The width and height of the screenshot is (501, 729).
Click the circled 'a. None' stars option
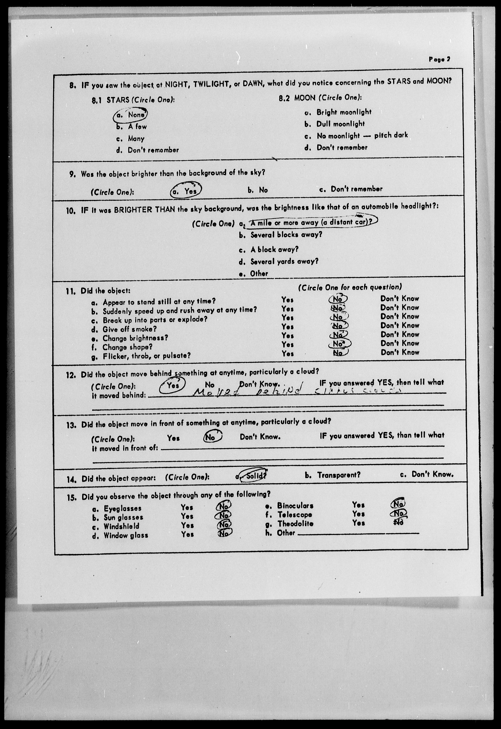coord(130,115)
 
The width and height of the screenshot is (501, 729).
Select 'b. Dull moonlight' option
coord(334,124)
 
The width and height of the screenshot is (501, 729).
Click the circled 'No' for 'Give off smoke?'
coord(338,326)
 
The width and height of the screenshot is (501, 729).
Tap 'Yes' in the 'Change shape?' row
coord(287,344)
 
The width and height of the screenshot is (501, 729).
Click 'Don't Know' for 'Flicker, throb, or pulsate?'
coord(400,352)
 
